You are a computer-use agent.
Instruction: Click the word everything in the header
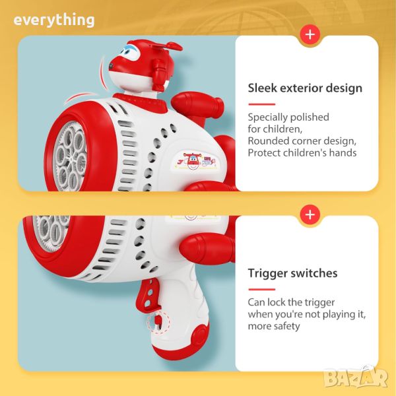[x=54, y=20]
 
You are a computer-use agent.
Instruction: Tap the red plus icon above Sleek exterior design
[x=310, y=34]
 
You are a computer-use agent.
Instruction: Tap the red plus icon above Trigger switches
[x=310, y=214]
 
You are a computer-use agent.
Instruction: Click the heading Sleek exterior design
[x=305, y=88]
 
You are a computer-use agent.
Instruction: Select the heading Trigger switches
[x=292, y=273]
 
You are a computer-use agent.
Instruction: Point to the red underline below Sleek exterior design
[x=261, y=104]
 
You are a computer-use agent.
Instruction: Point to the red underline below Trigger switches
[x=261, y=290]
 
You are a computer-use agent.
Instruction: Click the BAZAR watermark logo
[x=356, y=377]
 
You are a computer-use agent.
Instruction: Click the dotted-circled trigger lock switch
[x=158, y=323]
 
